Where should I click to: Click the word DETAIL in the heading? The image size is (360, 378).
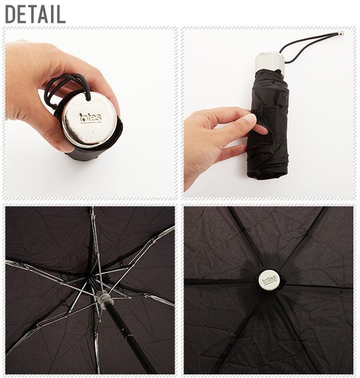coord(35,14)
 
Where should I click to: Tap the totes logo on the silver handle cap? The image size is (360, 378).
coord(90,118)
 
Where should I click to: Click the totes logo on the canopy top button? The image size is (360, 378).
coord(269,280)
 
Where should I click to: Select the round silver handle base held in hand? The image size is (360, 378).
coord(89,119)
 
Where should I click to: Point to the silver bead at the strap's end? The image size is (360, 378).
coord(341,34)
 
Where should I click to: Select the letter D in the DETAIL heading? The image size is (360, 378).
coord(11,14)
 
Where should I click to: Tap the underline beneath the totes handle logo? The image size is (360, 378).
coord(91,122)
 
